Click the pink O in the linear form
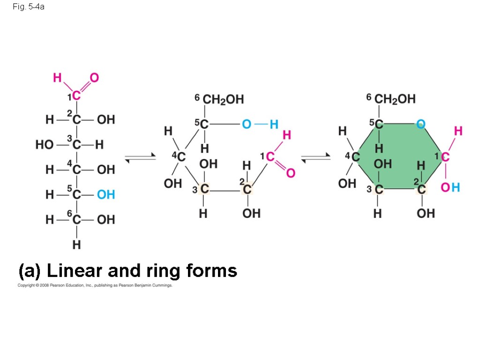[x=94, y=78]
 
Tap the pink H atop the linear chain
[x=57, y=78]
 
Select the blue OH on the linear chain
[x=106, y=194]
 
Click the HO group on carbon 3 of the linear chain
[x=45, y=145]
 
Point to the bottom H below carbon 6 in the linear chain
[x=76, y=245]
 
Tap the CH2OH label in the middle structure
[x=223, y=99]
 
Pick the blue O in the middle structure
[x=247, y=124]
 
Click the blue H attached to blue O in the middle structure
[x=274, y=124]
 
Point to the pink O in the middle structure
[x=291, y=173]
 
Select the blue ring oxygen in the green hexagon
[x=420, y=124]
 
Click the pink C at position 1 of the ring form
[x=445, y=157]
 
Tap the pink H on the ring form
[x=458, y=131]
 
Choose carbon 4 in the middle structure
[x=181, y=157]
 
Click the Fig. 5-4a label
[x=29, y=7]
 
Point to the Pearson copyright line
[x=95, y=285]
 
